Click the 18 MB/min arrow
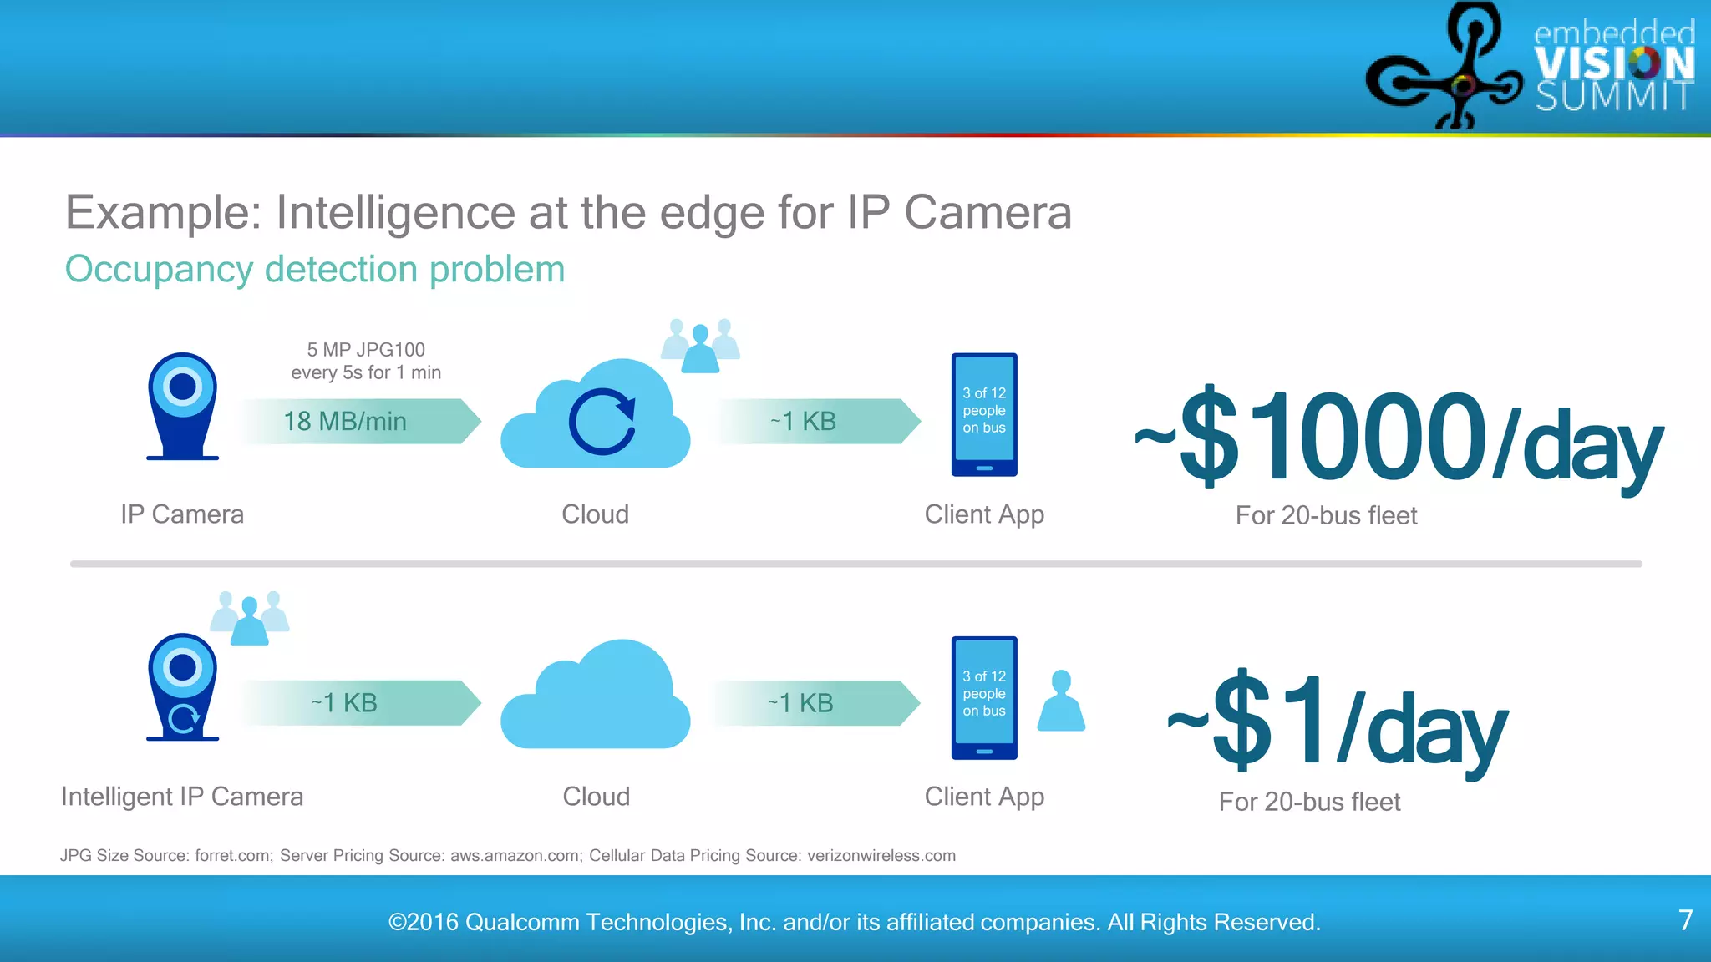click(359, 421)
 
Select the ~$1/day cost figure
click(1337, 723)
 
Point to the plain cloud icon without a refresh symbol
click(596, 697)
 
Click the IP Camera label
click(182, 514)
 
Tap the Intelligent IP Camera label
click(182, 797)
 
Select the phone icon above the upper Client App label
click(984, 414)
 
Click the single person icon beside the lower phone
click(1061, 701)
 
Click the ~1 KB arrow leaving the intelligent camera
click(359, 703)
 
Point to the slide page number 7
click(1685, 920)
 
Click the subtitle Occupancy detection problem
click(315, 270)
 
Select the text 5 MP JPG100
click(366, 350)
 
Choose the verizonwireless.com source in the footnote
click(881, 856)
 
